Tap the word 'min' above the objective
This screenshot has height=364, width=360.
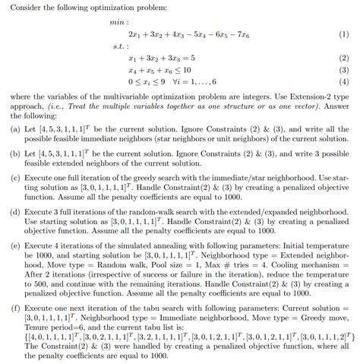[116, 22]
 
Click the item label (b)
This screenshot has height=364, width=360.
[11, 154]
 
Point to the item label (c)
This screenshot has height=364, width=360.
[11, 177]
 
